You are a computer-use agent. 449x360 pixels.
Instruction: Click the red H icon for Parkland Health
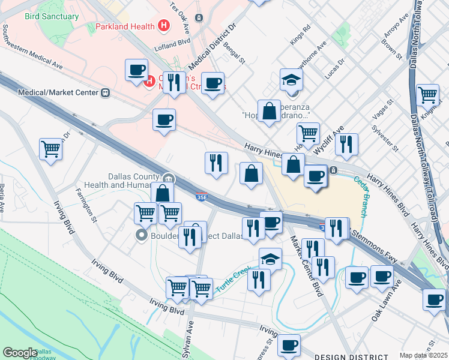[163, 26]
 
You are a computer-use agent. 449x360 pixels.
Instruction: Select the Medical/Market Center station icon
[106, 93]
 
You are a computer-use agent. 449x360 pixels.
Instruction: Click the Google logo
[20, 353]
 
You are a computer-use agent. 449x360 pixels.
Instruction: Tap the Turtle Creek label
[231, 277]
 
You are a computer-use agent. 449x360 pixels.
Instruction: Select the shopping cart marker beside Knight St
[427, 94]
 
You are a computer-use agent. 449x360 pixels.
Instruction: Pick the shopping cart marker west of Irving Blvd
[51, 148]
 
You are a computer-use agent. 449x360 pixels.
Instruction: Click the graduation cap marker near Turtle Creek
[271, 259]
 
